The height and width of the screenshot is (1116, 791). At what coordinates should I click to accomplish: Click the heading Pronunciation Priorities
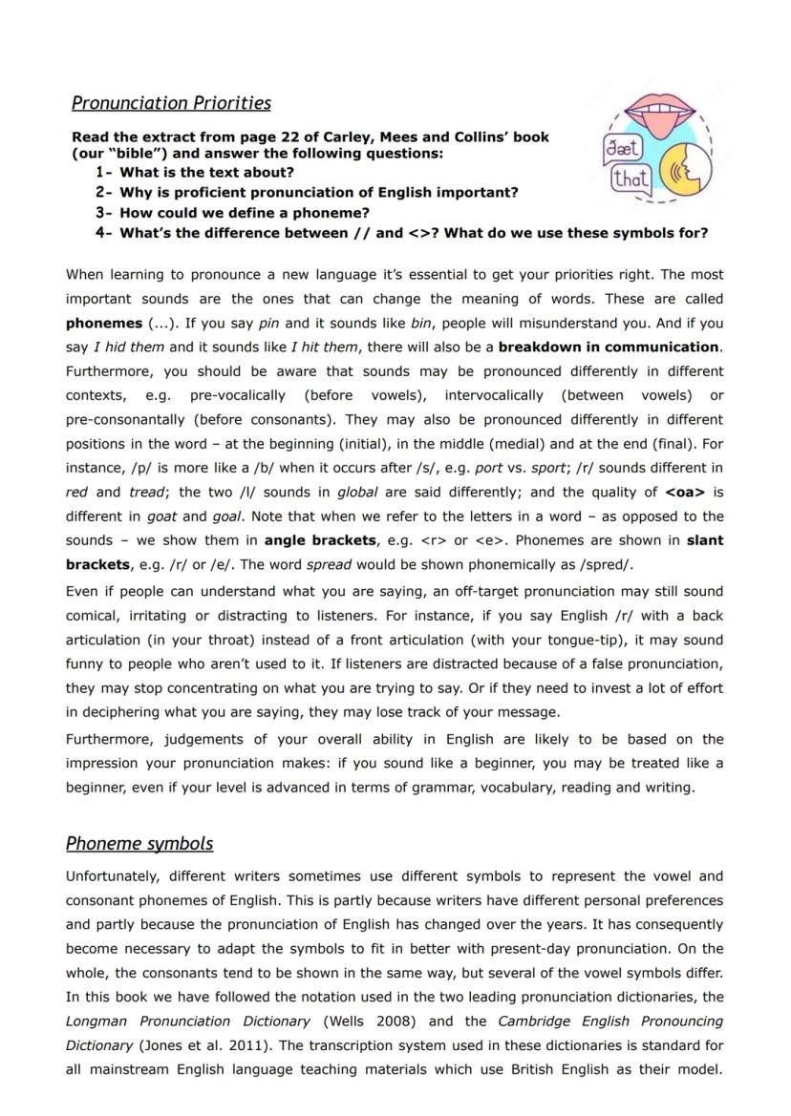pos(171,103)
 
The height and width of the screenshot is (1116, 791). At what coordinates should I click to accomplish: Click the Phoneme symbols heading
pos(139,844)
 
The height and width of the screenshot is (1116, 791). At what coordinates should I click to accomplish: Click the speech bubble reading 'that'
pos(631,179)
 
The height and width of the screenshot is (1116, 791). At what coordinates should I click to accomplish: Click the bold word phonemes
pos(103,324)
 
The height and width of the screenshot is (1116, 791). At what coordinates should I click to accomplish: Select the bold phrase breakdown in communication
pos(609,347)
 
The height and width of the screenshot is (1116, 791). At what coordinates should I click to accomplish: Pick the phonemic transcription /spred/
pos(605,565)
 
